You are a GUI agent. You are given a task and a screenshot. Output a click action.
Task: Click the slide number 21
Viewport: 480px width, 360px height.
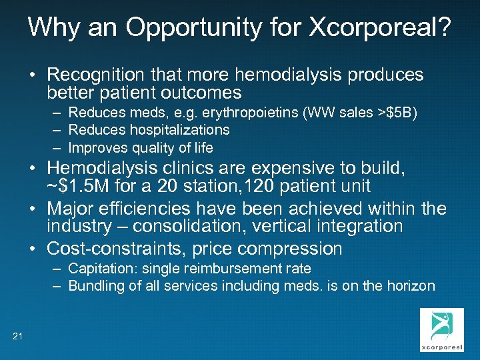(x=17, y=335)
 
